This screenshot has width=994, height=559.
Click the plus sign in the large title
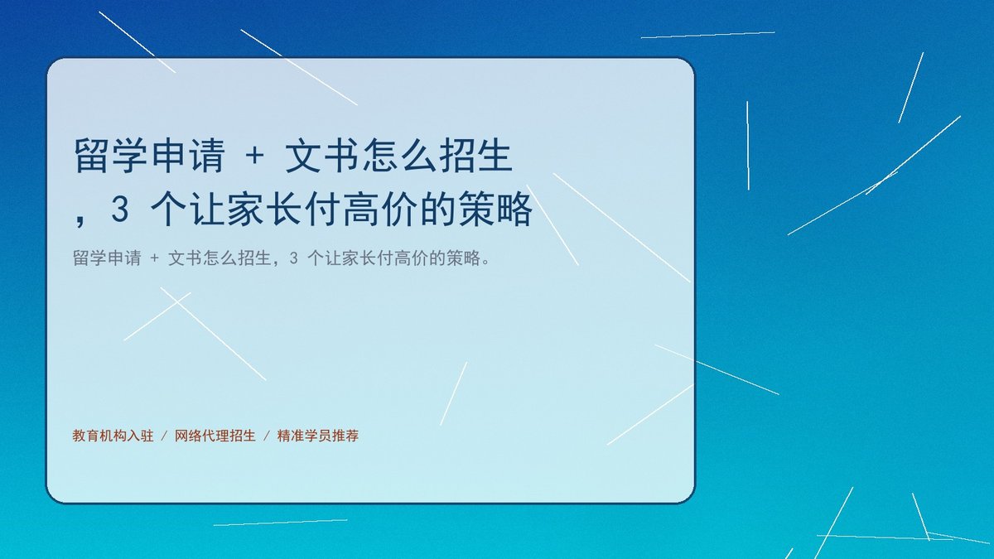[255, 156]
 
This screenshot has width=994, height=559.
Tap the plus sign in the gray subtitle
[154, 258]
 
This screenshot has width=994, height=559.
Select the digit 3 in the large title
[120, 208]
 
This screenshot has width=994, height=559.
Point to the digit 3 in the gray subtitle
[293, 258]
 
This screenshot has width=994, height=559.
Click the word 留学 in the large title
[111, 156]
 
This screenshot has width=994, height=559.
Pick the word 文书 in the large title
[321, 156]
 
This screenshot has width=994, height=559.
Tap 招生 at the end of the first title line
[475, 156]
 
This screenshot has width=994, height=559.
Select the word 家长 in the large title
[264, 209]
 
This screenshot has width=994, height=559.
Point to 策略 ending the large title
[495, 209]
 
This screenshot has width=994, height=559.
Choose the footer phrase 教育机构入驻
[113, 436]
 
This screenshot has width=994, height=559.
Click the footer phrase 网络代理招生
[215, 436]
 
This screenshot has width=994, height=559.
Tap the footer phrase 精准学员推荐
[318, 436]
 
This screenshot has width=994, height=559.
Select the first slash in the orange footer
[164, 436]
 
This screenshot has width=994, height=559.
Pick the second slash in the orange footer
[267, 436]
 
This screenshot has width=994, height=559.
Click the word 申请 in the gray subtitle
[124, 258]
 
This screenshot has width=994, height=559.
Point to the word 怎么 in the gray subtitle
[220, 258]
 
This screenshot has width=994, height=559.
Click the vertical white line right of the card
[748, 146]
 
